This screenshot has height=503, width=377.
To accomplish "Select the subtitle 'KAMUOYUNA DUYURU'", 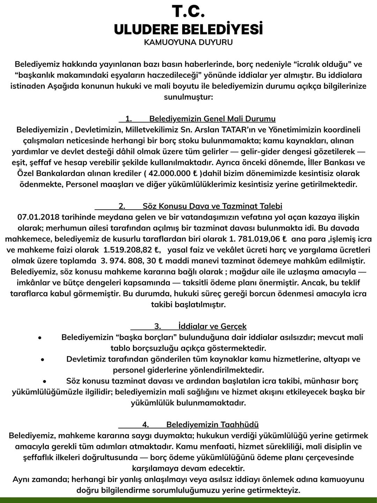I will pos(188,43).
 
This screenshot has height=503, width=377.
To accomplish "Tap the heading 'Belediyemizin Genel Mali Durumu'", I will pos(212,119).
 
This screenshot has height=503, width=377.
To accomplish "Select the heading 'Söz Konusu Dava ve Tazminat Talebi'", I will pos(212,206).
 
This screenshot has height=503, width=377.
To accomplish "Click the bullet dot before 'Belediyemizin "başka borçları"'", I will pos(40,338).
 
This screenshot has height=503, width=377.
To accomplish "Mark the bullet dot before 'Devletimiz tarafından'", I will pos(43,360).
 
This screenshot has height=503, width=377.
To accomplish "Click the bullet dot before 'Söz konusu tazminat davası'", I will pos(45,381).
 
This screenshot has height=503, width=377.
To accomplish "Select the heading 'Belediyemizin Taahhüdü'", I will pos(212,425).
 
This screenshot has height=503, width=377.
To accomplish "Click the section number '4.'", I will pos(146,425).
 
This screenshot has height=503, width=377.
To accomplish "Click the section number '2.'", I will pos(122,206).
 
